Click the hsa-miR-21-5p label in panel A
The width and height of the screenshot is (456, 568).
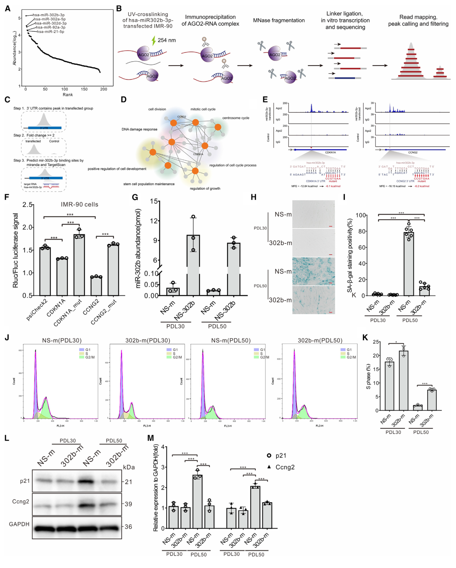(50, 32)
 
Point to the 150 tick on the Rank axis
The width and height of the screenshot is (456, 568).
(84, 89)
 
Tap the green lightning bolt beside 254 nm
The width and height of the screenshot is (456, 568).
(154, 40)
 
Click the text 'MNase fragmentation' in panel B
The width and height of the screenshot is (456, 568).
(279, 21)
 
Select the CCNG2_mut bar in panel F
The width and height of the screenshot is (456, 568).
(113, 270)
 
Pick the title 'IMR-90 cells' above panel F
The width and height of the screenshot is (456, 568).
(79, 205)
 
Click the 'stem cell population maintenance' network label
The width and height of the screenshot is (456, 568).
(149, 184)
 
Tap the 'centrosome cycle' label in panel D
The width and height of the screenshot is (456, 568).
(236, 118)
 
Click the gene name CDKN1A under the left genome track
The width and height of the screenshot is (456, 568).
(330, 152)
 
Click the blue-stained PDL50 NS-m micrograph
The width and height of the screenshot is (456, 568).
(313, 271)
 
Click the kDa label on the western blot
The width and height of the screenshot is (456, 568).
(129, 467)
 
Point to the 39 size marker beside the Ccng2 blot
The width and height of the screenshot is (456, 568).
(128, 504)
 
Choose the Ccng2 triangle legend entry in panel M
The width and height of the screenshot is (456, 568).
(281, 467)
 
